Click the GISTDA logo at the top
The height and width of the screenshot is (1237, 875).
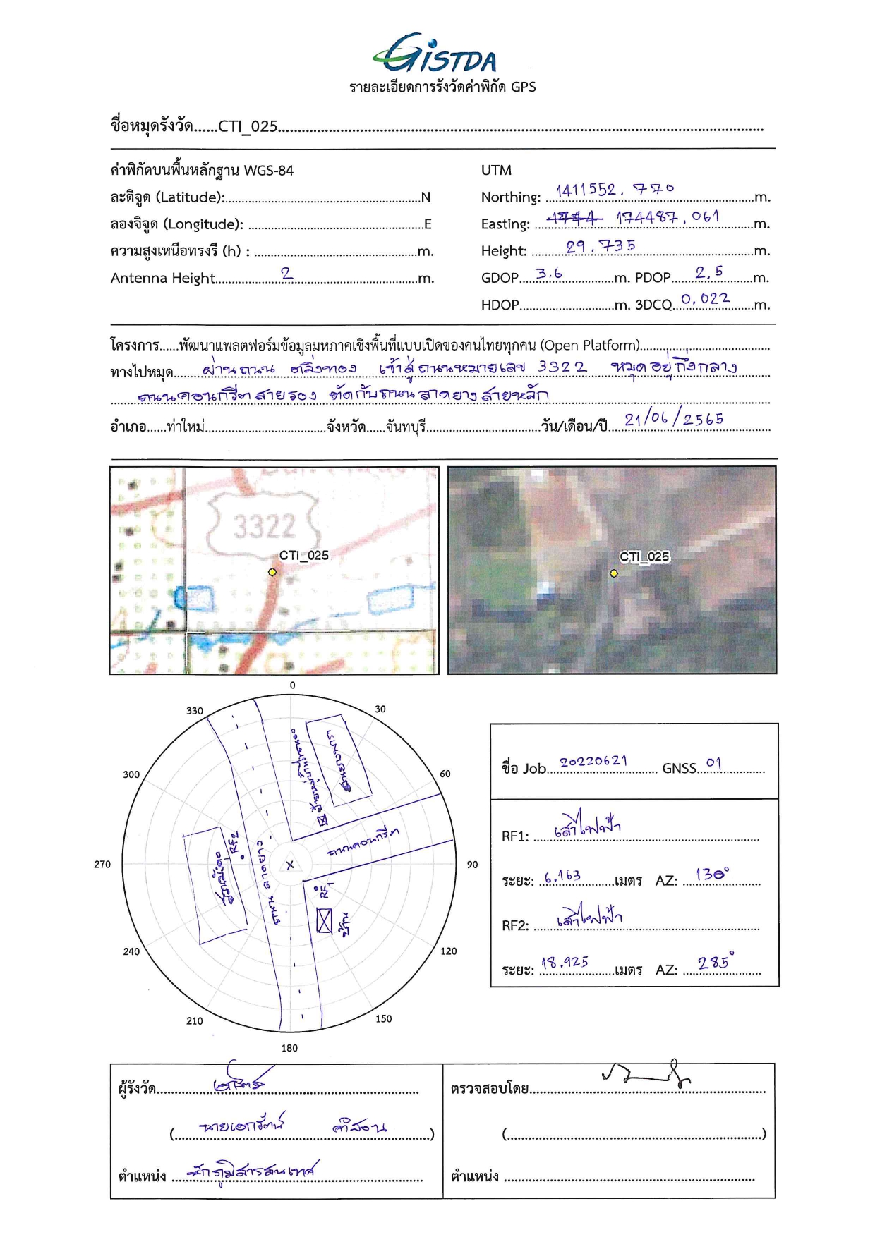pyautogui.click(x=435, y=54)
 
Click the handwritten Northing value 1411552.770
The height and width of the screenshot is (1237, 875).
pyautogui.click(x=615, y=190)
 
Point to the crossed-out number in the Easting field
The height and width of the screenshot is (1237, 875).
pyautogui.click(x=574, y=218)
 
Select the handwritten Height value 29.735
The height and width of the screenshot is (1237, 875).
pyautogui.click(x=601, y=246)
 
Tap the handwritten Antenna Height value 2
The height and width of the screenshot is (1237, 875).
pyautogui.click(x=286, y=274)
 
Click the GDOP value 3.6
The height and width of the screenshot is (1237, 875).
pyautogui.click(x=548, y=274)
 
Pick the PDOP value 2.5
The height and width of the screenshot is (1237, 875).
pyautogui.click(x=708, y=272)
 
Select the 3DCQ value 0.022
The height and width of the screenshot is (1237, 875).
pyautogui.click(x=705, y=299)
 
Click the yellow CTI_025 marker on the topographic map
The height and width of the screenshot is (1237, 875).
pyautogui.click(x=272, y=572)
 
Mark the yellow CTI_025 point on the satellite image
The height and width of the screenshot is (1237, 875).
pyautogui.click(x=614, y=573)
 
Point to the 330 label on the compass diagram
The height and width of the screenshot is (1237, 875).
pyautogui.click(x=195, y=711)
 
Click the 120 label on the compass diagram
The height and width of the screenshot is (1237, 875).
pyautogui.click(x=449, y=951)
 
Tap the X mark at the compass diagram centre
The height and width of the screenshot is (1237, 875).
pyautogui.click(x=290, y=865)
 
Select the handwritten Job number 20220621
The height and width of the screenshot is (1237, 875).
pyautogui.click(x=593, y=762)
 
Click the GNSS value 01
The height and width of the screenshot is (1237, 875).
pyautogui.click(x=713, y=764)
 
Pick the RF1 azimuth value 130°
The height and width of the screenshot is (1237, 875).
pyautogui.click(x=712, y=875)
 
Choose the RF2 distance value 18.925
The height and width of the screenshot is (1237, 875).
pyautogui.click(x=565, y=962)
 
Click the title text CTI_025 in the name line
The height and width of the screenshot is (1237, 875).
pyautogui.click(x=248, y=126)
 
